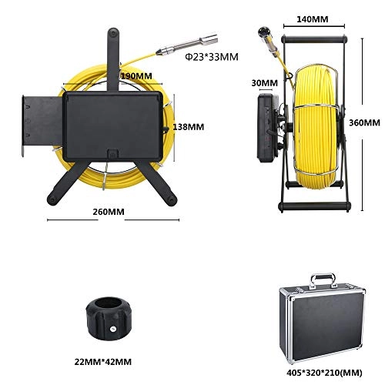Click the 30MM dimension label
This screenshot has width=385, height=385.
(x=263, y=82)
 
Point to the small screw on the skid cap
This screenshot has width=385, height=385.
(x=112, y=328)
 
